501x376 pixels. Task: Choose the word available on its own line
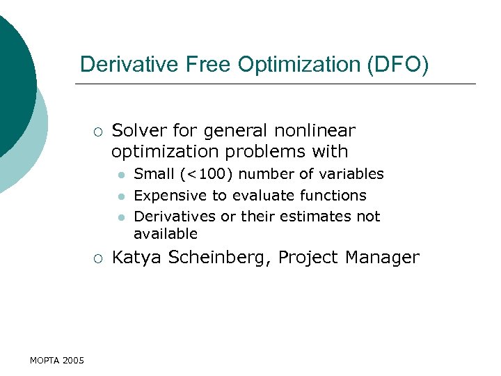pyautogui.click(x=166, y=233)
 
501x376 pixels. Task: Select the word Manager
pyautogui.click(x=386, y=258)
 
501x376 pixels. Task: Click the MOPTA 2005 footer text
pyautogui.click(x=57, y=360)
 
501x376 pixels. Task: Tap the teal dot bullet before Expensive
pyautogui.click(x=120, y=196)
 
